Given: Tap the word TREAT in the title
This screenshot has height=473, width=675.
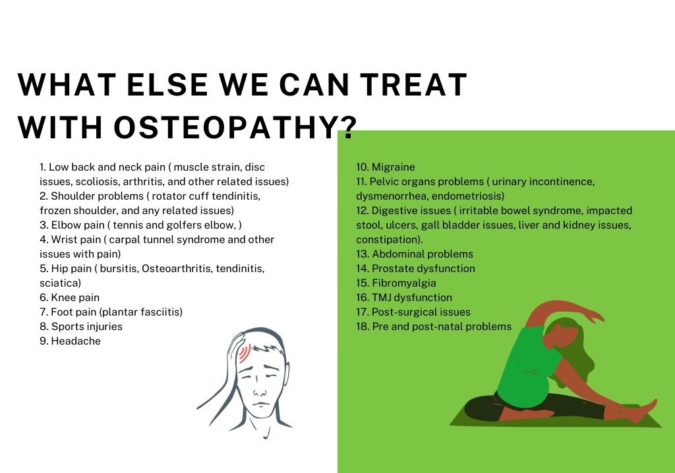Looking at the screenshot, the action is click(414, 84).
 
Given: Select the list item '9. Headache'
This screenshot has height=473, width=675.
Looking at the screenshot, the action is click(70, 341).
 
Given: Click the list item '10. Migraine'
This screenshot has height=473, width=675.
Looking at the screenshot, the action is click(385, 167).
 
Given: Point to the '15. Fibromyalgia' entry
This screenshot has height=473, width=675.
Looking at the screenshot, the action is click(396, 283).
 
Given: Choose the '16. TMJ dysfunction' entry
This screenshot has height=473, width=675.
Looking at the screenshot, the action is click(404, 297).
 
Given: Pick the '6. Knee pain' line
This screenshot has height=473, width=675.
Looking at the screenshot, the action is click(69, 297).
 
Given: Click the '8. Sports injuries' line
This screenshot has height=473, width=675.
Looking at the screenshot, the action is click(81, 326).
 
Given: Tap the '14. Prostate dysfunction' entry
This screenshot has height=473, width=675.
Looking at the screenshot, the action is click(415, 269).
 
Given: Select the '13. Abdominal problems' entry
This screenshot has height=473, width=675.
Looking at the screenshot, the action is click(415, 254).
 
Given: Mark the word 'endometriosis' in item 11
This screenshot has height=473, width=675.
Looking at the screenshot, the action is click(467, 196).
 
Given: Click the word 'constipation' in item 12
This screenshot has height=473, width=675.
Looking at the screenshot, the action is click(389, 240).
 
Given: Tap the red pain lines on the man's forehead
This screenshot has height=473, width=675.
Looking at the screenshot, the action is click(245, 353).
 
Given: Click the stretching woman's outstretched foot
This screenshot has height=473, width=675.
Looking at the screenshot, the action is click(643, 410).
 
